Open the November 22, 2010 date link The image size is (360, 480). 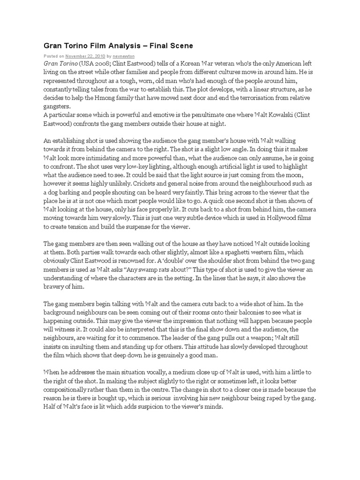pos(78,55)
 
